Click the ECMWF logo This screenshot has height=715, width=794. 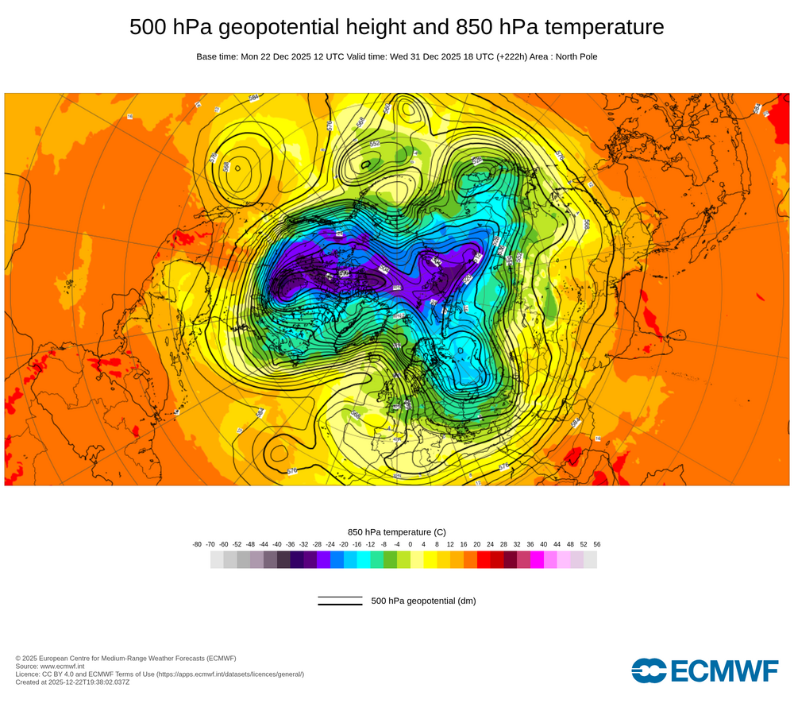click(705, 671)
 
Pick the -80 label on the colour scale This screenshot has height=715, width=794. click(197, 544)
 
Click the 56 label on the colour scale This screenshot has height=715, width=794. click(596, 544)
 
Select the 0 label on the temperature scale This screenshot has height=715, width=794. click(410, 544)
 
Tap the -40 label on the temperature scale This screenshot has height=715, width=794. click(277, 544)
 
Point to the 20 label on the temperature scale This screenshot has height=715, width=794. click(476, 544)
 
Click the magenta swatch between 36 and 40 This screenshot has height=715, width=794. click(537, 560)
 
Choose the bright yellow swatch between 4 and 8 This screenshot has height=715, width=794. click(430, 560)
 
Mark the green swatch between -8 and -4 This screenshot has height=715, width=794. click(390, 560)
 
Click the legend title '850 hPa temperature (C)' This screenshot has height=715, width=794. click(397, 531)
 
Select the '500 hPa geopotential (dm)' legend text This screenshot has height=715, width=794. click(423, 601)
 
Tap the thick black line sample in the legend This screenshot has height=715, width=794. click(340, 605)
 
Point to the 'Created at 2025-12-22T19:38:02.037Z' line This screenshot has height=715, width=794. click(72, 682)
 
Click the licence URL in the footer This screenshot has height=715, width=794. click(229, 674)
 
